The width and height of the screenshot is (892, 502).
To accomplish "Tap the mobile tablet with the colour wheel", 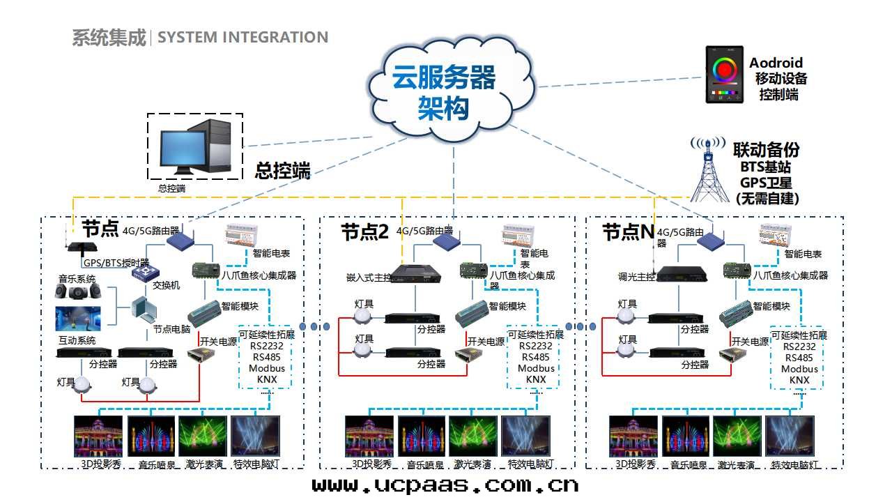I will coord(725,75).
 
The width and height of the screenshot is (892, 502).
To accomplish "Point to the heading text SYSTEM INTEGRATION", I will coord(243,38).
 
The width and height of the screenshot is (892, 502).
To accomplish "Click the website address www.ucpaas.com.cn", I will coord(445,485).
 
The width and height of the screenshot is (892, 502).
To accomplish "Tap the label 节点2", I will coord(364,231).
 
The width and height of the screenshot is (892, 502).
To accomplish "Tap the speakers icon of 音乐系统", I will coord(77,293).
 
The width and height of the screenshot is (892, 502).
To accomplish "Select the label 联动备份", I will coord(766,150).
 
